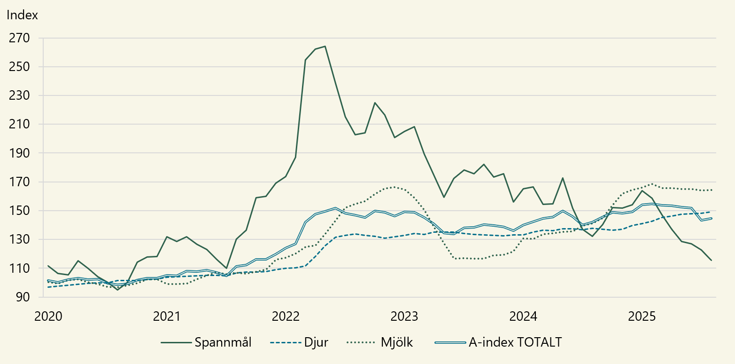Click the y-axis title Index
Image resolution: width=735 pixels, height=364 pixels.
(22, 15)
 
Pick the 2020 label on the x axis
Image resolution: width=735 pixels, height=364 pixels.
(48, 316)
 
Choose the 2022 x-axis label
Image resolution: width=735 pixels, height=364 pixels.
(286, 316)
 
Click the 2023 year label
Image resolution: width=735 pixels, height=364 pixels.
(404, 316)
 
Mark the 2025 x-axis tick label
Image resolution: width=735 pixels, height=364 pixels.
(642, 316)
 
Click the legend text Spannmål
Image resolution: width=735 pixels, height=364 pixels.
(223, 342)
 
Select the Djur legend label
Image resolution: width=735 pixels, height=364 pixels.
(317, 342)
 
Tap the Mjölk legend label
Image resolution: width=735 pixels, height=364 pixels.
(396, 342)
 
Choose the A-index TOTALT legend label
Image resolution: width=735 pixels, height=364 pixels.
(515, 342)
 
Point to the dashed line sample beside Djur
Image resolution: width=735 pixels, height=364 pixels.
(286, 342)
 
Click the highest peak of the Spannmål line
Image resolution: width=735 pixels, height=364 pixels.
(325, 46)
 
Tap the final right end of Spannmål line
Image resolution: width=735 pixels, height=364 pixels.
(711, 260)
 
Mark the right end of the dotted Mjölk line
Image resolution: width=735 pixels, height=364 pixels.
(711, 190)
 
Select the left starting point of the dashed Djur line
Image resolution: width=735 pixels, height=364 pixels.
(48, 287)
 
